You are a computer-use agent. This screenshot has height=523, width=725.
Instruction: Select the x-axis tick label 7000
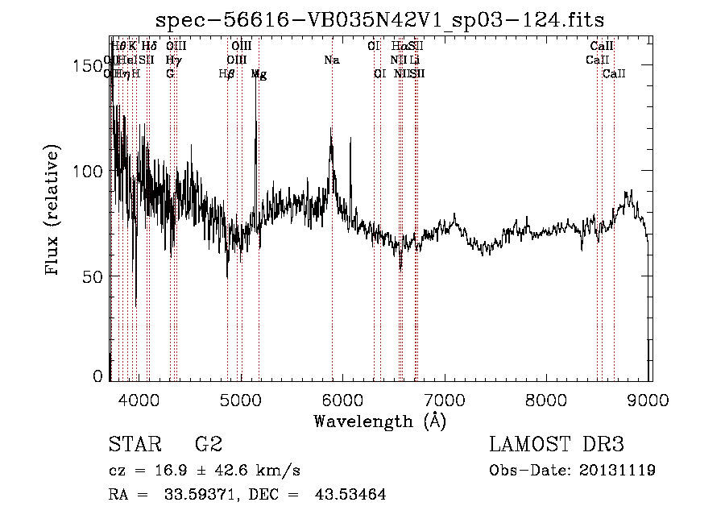point(445,401)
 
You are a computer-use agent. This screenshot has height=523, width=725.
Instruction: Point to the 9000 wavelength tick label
point(649,401)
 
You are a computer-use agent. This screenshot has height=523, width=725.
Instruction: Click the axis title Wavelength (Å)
point(379,421)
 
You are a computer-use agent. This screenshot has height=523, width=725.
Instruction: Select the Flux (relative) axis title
point(54,211)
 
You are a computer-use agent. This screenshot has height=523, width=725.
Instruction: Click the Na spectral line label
point(331,60)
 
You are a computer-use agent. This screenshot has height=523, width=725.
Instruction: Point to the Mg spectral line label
point(259,74)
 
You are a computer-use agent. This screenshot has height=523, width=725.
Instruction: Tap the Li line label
point(414,60)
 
